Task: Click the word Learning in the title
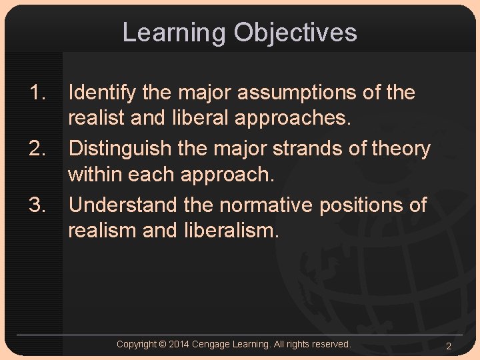tap(174, 33)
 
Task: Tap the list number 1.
tap(37, 93)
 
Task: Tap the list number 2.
tap(37, 149)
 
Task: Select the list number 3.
tap(37, 205)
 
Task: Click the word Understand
tap(122, 205)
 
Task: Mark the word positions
tap(361, 205)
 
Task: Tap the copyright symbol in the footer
tap(163, 344)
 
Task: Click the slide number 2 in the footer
tap(449, 346)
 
